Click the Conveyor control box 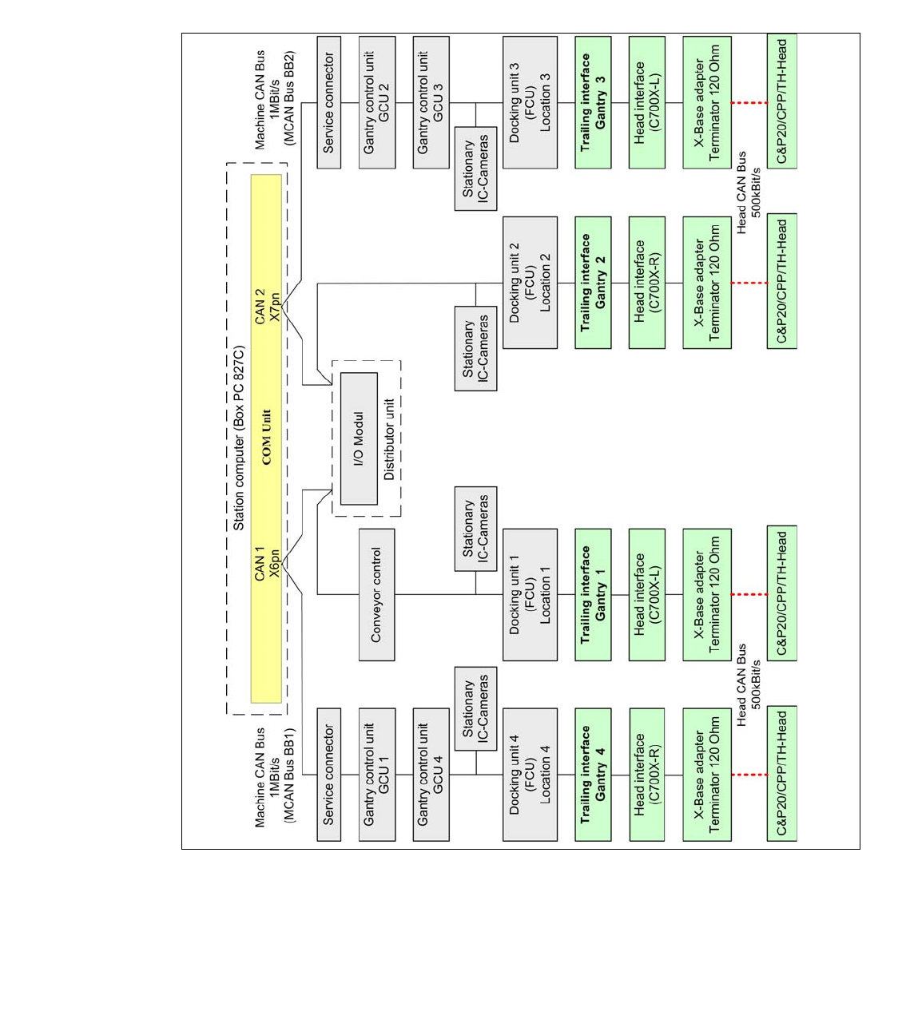377,595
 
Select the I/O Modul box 359,438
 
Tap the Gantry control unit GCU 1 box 377,775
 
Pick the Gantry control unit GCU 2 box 377,102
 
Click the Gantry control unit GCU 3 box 431,102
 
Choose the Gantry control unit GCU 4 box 431,775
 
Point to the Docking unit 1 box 530,595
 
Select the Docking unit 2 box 530,283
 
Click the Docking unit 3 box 530,102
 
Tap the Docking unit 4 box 530,775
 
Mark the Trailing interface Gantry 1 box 593,595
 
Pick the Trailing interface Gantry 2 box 593,283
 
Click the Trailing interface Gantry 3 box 593,102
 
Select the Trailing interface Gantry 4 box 593,775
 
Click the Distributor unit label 389,439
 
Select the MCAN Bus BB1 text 289,775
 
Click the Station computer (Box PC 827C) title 239,438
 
